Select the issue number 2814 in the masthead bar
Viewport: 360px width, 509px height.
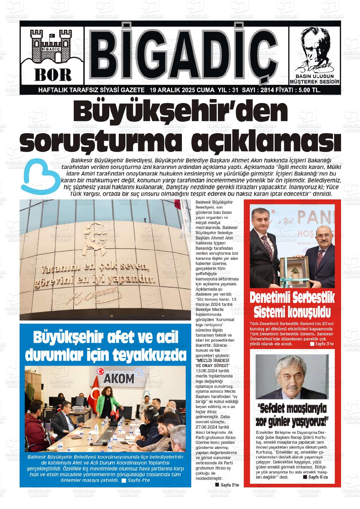tap(267, 90)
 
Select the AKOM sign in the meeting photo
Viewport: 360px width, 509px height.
tap(119, 379)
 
